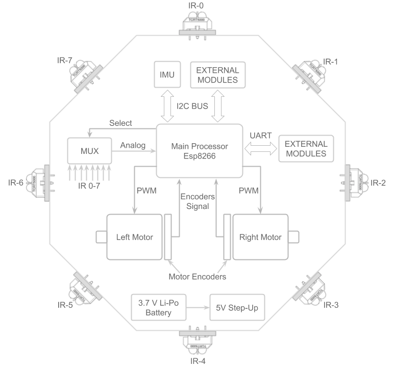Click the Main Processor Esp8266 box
coord(199,151)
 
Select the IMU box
coord(167,75)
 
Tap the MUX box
coord(90,151)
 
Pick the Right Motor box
coord(260,237)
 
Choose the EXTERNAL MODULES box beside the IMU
coord(217,75)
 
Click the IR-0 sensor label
coord(197,6)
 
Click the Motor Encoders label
coord(196,277)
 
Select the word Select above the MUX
coord(121,123)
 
